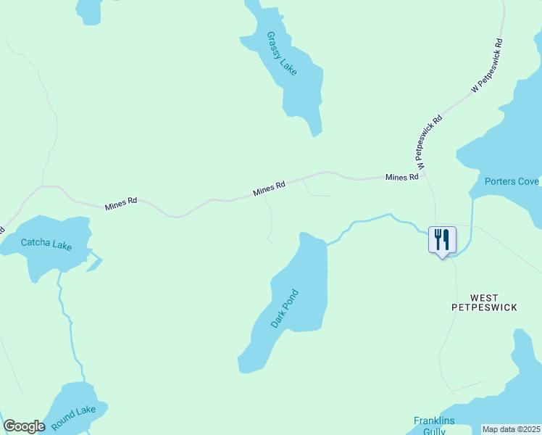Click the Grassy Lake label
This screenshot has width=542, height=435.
coord(282,53)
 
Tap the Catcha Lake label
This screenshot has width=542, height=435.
coord(46,245)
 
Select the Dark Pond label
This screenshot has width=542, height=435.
coord(285,309)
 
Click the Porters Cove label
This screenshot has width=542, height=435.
coord(512,181)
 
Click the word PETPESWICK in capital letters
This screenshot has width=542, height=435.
coord(484,307)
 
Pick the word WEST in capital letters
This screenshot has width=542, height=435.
coord(484,297)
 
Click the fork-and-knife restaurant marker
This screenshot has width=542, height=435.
coord(442,239)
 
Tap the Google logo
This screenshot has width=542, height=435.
coord(24,426)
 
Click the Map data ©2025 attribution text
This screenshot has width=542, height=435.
coord(512,429)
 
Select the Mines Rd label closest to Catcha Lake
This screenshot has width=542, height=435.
coord(121,204)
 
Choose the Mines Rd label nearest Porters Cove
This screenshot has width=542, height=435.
coord(402,177)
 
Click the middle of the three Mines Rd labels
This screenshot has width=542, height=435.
coord(269,189)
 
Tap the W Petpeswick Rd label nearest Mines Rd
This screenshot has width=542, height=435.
coord(428,143)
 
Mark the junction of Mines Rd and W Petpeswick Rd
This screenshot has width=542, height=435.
coord(422,175)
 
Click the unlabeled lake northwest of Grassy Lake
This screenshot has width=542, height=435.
coord(88,9)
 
